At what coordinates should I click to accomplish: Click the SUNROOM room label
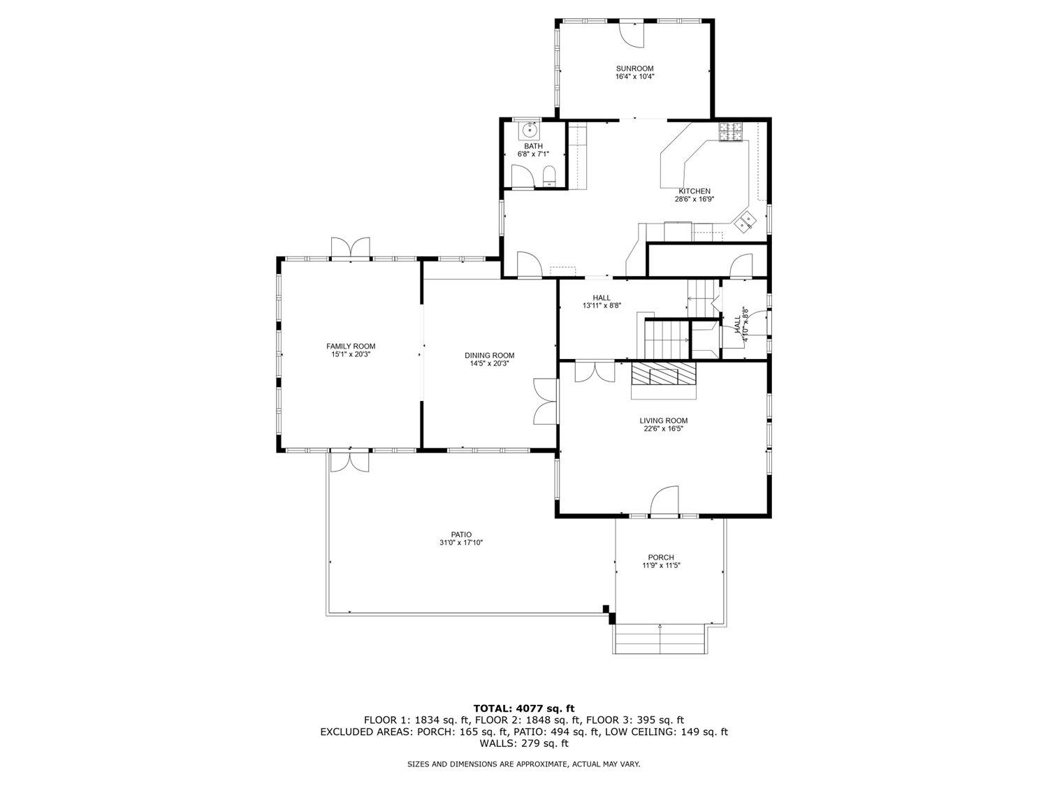634,68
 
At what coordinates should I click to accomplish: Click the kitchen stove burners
732,132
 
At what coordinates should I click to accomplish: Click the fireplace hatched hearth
663,373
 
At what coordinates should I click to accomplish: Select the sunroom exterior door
632,34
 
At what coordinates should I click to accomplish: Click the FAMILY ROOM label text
351,346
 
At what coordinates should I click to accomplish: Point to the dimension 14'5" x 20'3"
489,363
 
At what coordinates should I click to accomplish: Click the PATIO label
460,534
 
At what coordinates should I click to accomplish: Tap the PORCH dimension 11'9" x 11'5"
661,565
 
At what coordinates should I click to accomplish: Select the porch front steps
660,639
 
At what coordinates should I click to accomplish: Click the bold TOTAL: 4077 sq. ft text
524,708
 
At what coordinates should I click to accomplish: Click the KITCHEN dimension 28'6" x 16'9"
694,199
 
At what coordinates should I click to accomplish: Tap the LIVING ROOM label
663,421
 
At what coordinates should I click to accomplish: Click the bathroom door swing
522,175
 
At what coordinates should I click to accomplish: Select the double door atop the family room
350,248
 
